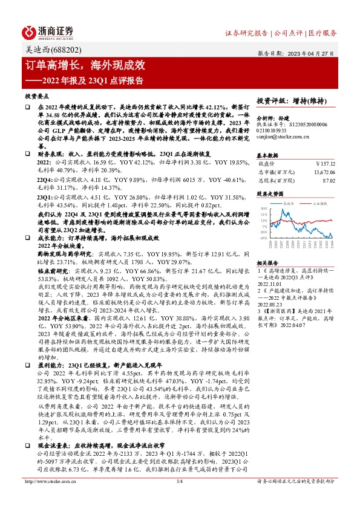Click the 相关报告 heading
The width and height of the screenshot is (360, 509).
coord(266,264)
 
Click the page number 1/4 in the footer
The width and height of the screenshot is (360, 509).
coord(179,498)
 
